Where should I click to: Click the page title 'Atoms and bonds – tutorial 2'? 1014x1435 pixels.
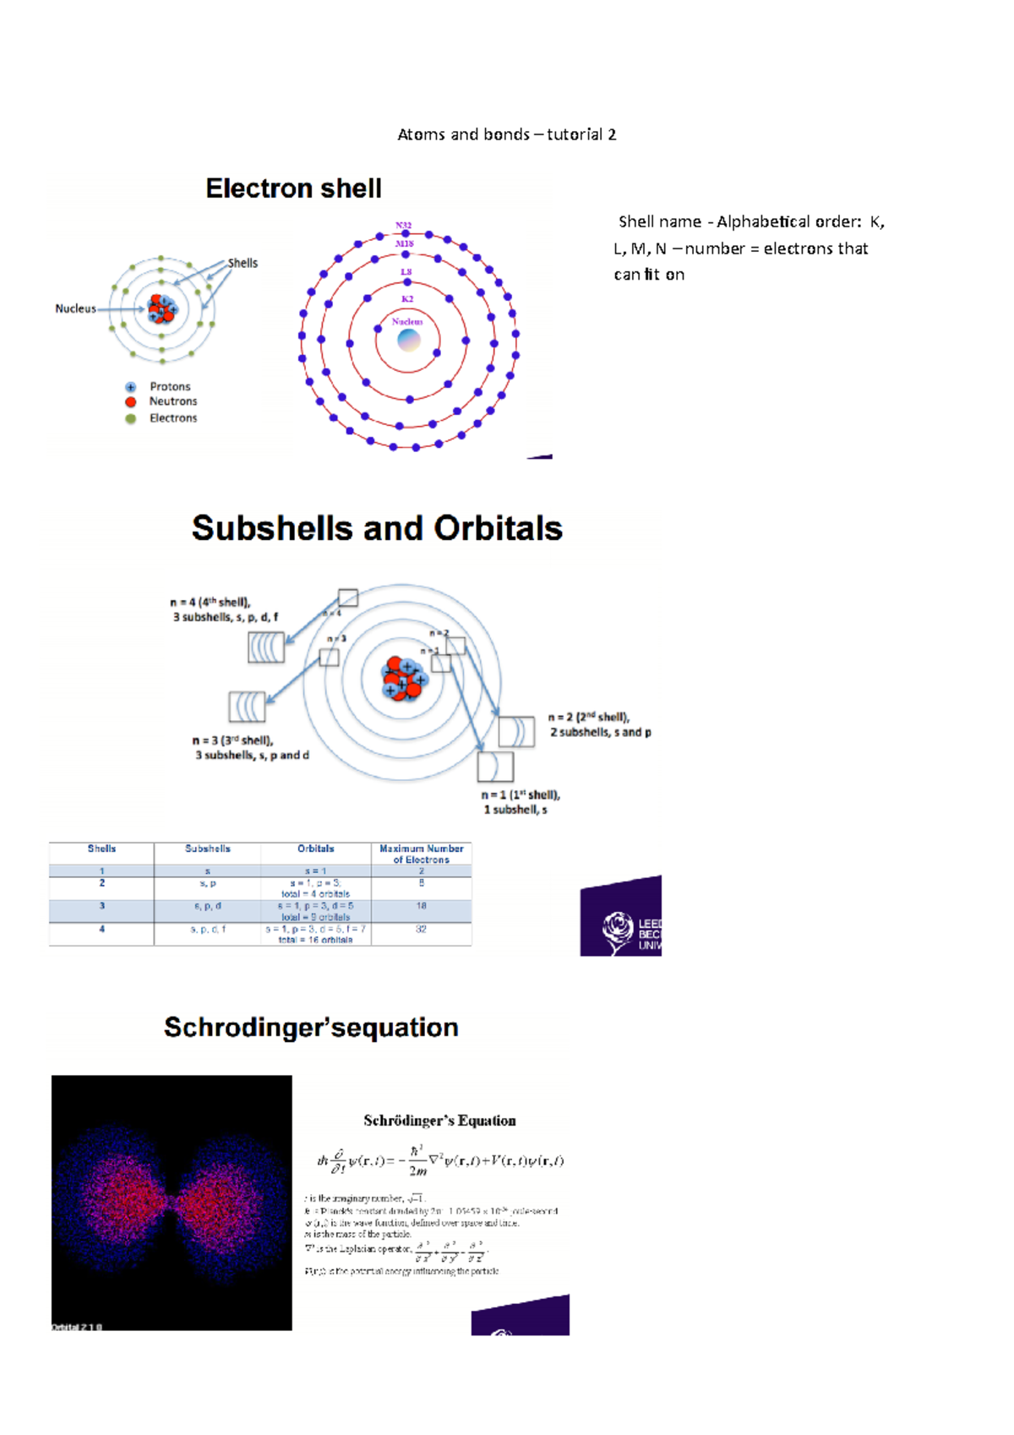click(507, 134)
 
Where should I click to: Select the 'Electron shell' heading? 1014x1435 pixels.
click(293, 188)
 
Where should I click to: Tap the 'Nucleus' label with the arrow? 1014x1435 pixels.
click(75, 308)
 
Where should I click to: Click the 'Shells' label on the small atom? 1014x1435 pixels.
click(243, 263)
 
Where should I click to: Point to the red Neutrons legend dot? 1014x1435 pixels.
click(131, 402)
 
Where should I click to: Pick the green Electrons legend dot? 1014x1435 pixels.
click(131, 418)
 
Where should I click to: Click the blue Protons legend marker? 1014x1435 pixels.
click(131, 387)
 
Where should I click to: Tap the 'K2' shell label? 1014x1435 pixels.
click(407, 299)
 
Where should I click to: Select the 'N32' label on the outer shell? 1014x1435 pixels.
click(403, 226)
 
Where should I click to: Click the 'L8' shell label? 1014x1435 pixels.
click(406, 272)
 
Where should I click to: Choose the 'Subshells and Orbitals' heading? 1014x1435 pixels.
click(377, 528)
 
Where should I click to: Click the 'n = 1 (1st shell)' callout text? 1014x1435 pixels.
click(521, 795)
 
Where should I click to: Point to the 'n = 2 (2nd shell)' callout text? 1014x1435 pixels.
click(589, 717)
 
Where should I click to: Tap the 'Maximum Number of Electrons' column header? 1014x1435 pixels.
click(421, 854)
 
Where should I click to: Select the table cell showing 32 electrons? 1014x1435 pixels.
click(421, 929)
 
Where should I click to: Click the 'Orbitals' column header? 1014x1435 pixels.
click(315, 848)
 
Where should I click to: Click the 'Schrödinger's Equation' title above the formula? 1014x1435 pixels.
click(439, 1121)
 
